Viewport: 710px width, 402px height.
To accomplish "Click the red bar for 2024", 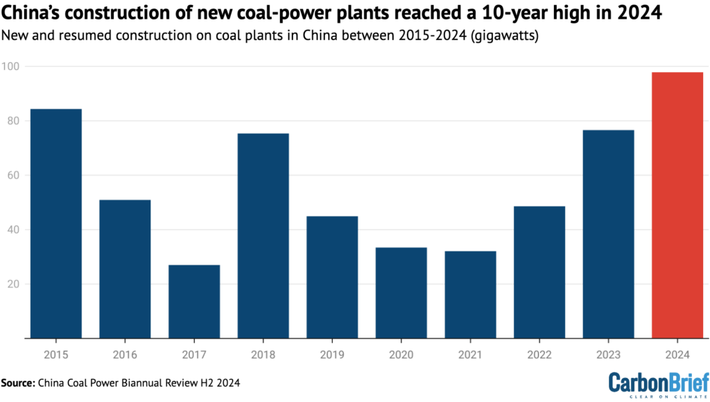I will pos(677,205).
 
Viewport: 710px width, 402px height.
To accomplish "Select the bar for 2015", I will pos(55,223).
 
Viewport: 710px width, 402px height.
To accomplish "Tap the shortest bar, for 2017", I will pos(194,301).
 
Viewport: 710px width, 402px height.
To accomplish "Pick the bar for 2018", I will pos(263,236).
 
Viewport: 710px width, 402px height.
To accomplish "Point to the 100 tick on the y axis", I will pos(12,67).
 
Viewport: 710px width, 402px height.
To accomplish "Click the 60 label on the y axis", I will pos(12,175).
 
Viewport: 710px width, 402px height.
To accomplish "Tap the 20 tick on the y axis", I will pos(12,284).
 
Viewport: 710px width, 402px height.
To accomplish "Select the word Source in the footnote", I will pos(20,382).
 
